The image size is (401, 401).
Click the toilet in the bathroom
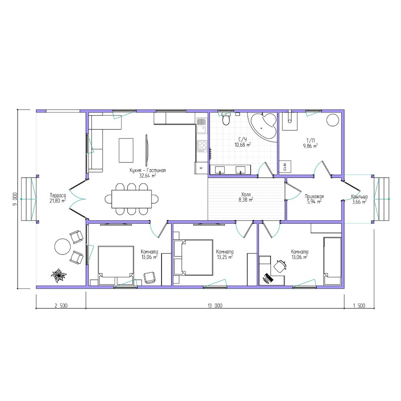tap(226, 119)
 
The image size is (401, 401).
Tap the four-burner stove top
tap(202, 146)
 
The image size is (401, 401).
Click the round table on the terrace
tap(63, 247)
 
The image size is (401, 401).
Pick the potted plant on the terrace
tap(59, 275)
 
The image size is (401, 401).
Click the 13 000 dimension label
tap(215, 306)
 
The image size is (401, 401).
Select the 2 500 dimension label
tap(61, 306)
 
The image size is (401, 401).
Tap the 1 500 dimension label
tap(359, 306)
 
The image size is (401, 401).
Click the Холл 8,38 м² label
tap(246, 197)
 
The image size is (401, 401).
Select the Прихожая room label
tap(314, 196)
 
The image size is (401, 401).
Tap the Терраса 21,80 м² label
tap(58, 198)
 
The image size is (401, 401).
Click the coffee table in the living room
tap(126, 150)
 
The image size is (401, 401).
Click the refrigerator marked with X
tap(201, 168)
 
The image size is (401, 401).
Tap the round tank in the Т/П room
tap(333, 119)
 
